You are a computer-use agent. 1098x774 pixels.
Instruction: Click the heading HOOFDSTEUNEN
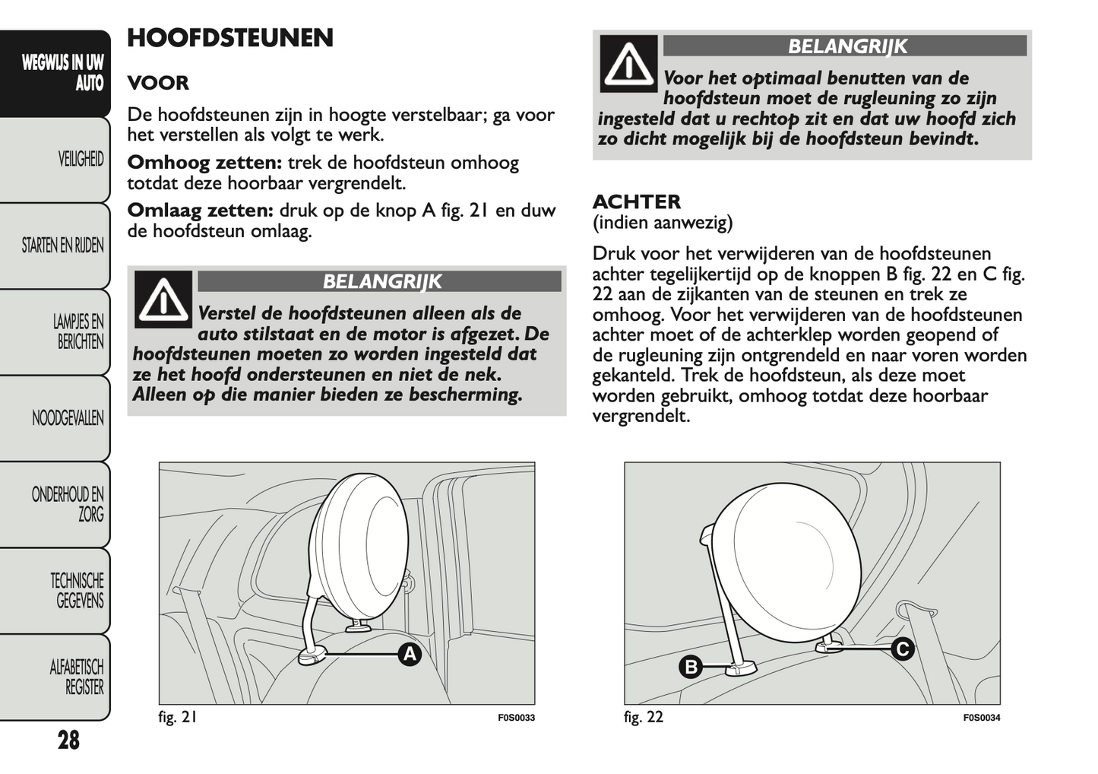pyautogui.click(x=229, y=38)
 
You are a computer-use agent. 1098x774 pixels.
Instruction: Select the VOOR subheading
pyautogui.click(x=158, y=83)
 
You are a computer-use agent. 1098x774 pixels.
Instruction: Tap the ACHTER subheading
pyautogui.click(x=636, y=201)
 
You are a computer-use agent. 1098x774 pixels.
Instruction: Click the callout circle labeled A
pyautogui.click(x=410, y=654)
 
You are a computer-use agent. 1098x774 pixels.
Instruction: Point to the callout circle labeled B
pyautogui.click(x=691, y=668)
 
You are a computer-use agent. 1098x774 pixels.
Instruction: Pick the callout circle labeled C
pyautogui.click(x=902, y=649)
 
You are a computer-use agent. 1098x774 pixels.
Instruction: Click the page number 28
pyautogui.click(x=68, y=740)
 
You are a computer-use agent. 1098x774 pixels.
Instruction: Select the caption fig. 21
pyautogui.click(x=178, y=717)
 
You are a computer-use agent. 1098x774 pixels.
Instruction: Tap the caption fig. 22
pyautogui.click(x=643, y=717)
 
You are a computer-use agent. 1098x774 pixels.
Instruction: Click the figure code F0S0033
pyautogui.click(x=516, y=718)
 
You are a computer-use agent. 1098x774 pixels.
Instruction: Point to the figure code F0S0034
pyautogui.click(x=981, y=718)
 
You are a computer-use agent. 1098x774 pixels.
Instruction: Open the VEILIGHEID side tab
pyautogui.click(x=80, y=159)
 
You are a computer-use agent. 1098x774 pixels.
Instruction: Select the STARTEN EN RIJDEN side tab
pyautogui.click(x=62, y=246)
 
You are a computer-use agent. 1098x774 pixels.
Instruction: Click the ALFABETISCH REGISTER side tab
pyautogui.click(x=76, y=677)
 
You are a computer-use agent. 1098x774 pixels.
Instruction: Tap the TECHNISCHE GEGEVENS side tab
pyautogui.click(x=77, y=591)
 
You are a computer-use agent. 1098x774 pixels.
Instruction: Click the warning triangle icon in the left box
pyautogui.click(x=163, y=300)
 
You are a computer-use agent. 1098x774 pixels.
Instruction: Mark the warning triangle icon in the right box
pyautogui.click(x=628, y=64)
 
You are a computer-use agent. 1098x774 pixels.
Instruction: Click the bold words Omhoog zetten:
pyautogui.click(x=204, y=163)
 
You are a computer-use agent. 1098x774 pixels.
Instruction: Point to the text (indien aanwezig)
pyautogui.click(x=662, y=223)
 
